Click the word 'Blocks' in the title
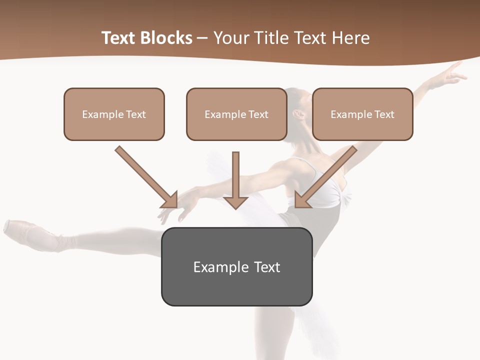tap(166, 38)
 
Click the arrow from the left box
tap(145, 176)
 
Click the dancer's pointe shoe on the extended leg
tap(30, 233)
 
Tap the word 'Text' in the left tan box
tap(135, 114)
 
